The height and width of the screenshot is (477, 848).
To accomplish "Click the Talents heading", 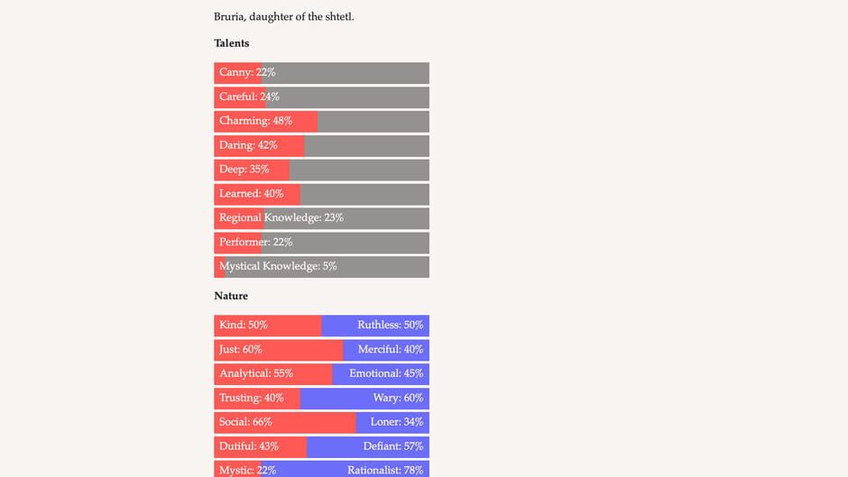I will (231, 43).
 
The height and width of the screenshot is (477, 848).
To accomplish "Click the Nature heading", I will (230, 296).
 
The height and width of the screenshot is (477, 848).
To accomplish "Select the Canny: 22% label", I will (247, 73).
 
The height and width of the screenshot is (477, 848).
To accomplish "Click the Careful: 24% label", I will (249, 97).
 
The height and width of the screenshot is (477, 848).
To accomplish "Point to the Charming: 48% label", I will (255, 121).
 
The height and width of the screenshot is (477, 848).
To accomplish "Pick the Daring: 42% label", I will (248, 145).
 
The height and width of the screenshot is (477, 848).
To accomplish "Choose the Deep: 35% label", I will (244, 170).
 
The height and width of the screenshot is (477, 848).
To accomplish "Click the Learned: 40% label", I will (251, 194).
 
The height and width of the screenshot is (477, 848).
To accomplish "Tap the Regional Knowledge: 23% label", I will (281, 218).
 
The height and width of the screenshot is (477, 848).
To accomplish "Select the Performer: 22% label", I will (256, 243).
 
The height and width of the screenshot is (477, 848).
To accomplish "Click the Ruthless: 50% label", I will (390, 326).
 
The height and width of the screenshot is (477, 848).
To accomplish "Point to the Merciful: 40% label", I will (390, 350).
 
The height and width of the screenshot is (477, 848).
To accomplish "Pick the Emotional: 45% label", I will (386, 374).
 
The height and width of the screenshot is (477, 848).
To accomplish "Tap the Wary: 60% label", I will (398, 399).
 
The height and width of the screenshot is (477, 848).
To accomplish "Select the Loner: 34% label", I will (396, 422).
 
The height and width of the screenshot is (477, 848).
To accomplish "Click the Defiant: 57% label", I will (392, 446).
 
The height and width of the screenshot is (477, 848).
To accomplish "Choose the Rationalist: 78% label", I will (385, 471).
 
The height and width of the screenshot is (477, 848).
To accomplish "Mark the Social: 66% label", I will (245, 422).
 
